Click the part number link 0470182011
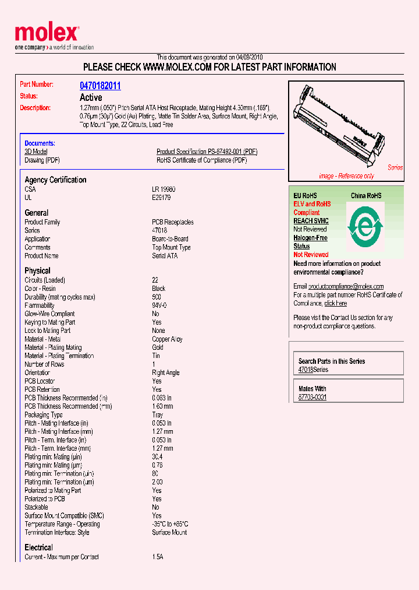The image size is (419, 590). click(100, 86)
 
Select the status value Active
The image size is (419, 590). click(91, 97)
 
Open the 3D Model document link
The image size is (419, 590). click(35, 152)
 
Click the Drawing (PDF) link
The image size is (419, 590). click(42, 160)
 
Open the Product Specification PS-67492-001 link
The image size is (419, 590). click(207, 152)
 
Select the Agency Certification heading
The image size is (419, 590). click(55, 180)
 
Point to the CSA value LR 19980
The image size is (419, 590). click(164, 189)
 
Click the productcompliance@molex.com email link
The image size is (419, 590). click(346, 286)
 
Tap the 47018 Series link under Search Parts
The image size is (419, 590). click(313, 370)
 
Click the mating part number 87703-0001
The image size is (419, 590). click(312, 397)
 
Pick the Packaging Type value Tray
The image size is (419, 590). click(158, 415)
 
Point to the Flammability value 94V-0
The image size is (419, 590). click(159, 305)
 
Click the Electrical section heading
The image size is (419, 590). click(38, 547)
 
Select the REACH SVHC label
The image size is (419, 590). click(311, 221)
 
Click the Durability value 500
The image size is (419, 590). click(157, 297)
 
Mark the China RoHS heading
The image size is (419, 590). click(365, 196)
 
